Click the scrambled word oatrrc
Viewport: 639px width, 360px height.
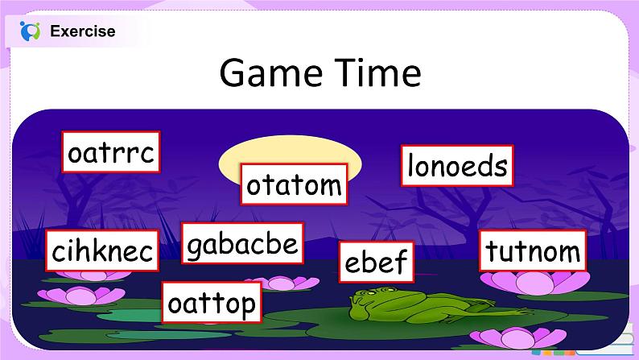(x=111, y=152)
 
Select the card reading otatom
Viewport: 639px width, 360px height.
(x=294, y=184)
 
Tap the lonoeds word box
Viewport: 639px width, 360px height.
(x=457, y=166)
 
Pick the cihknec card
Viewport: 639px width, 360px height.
(x=102, y=250)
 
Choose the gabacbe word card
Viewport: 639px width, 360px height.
(x=242, y=243)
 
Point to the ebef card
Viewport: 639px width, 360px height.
(x=377, y=262)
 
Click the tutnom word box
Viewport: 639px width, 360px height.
(x=533, y=250)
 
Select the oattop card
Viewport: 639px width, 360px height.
(x=212, y=302)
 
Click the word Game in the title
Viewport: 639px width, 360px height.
(x=270, y=73)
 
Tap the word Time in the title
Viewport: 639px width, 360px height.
(x=380, y=72)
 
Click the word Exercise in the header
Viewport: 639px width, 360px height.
(x=83, y=31)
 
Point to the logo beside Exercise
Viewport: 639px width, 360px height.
(x=30, y=31)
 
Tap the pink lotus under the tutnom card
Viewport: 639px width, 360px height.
(x=534, y=282)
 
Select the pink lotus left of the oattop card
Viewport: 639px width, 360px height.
(x=81, y=296)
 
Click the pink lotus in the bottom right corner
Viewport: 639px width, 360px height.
(x=518, y=337)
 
